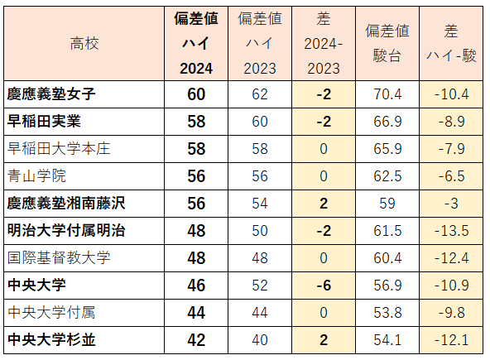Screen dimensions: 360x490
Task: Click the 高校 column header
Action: click(84, 44)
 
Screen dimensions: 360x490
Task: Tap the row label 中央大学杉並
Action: click(51, 339)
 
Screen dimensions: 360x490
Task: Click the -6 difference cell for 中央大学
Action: click(324, 285)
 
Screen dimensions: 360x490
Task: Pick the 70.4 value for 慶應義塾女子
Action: click(387, 94)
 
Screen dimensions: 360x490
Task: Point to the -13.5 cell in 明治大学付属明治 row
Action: click(451, 230)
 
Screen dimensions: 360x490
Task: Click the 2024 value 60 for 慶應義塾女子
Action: click(196, 94)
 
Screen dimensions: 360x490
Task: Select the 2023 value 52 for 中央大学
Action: click(260, 285)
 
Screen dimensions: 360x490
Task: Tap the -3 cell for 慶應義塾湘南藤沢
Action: click(451, 204)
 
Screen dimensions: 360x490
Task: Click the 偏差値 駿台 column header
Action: click(387, 44)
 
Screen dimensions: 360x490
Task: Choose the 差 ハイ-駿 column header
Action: click(451, 44)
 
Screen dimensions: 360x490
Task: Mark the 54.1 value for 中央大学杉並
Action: click(387, 339)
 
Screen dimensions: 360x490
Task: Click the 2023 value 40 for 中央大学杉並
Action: click(260, 339)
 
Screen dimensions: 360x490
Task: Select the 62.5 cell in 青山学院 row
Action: click(387, 176)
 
